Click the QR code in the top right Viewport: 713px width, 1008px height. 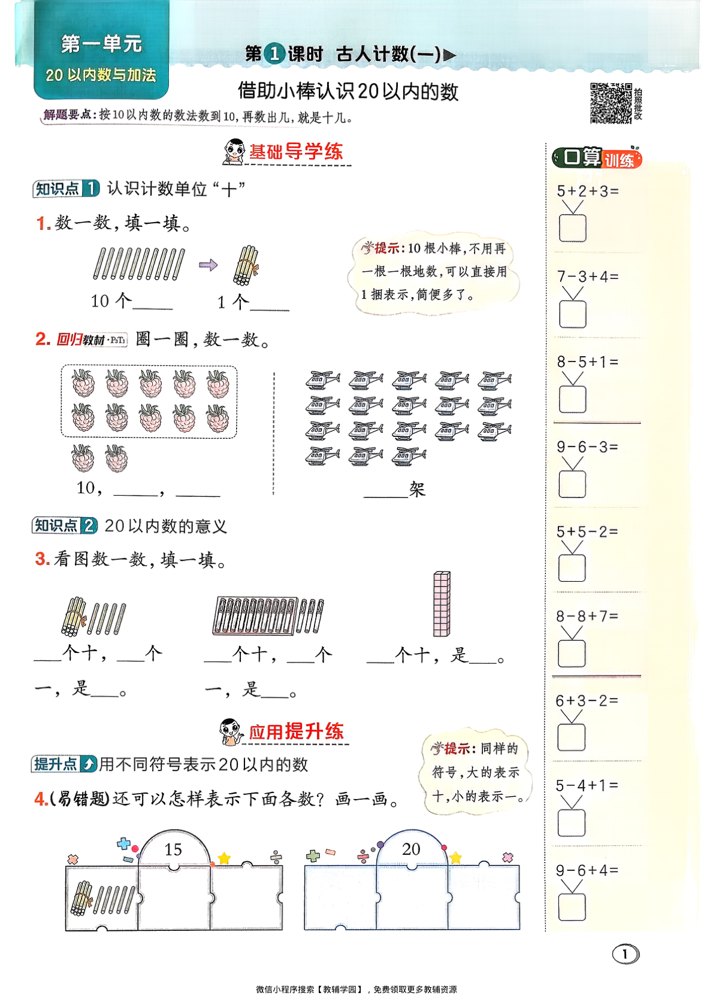click(x=611, y=103)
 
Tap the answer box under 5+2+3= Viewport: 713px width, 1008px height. click(x=572, y=228)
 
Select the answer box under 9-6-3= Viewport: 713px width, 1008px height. click(x=572, y=484)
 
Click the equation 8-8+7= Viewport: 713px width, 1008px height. click(x=587, y=616)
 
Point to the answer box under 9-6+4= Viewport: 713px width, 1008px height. click(x=572, y=907)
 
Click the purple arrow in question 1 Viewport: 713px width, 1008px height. click(x=208, y=265)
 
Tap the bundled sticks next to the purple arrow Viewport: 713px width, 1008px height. click(x=246, y=265)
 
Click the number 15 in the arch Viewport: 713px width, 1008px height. click(x=173, y=849)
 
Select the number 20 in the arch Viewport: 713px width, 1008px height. click(x=411, y=849)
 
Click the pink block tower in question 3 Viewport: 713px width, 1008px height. click(x=442, y=603)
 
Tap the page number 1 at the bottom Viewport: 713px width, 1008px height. click(x=626, y=954)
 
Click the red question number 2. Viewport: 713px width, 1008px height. click(x=43, y=339)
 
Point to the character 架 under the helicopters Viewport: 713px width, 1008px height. click(x=417, y=490)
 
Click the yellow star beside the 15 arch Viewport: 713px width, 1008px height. click(x=224, y=858)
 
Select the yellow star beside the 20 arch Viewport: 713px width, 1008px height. click(x=455, y=858)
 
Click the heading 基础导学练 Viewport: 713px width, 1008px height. click(x=296, y=152)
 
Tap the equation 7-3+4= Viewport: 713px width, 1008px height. click(x=587, y=277)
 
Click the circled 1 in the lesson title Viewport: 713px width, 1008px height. click(x=275, y=54)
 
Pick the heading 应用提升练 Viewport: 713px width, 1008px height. click(x=296, y=731)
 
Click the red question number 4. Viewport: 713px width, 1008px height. click(x=40, y=799)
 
